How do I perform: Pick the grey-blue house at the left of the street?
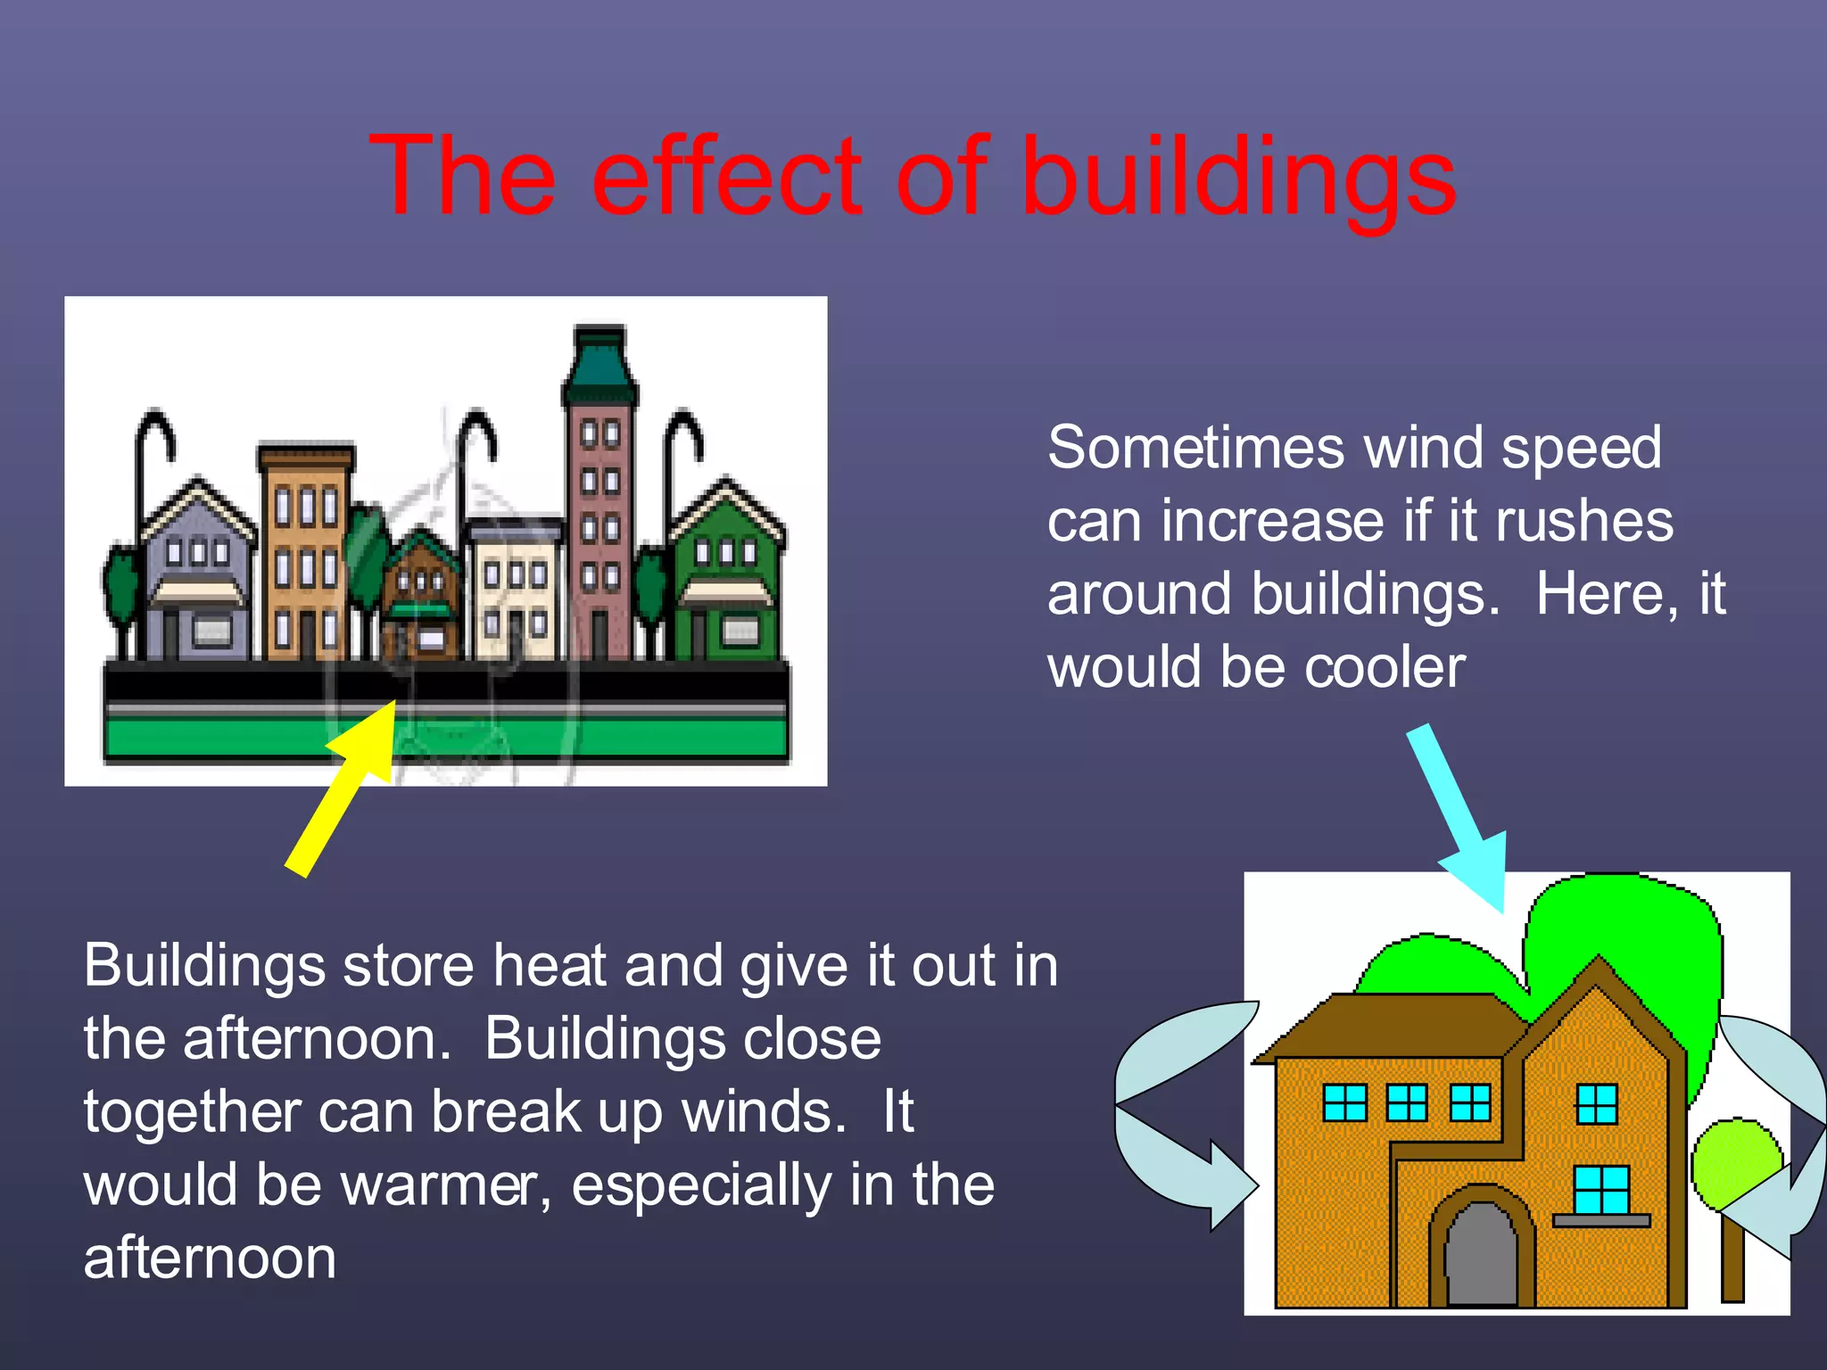click(198, 580)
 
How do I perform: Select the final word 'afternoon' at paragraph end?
click(210, 1259)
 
